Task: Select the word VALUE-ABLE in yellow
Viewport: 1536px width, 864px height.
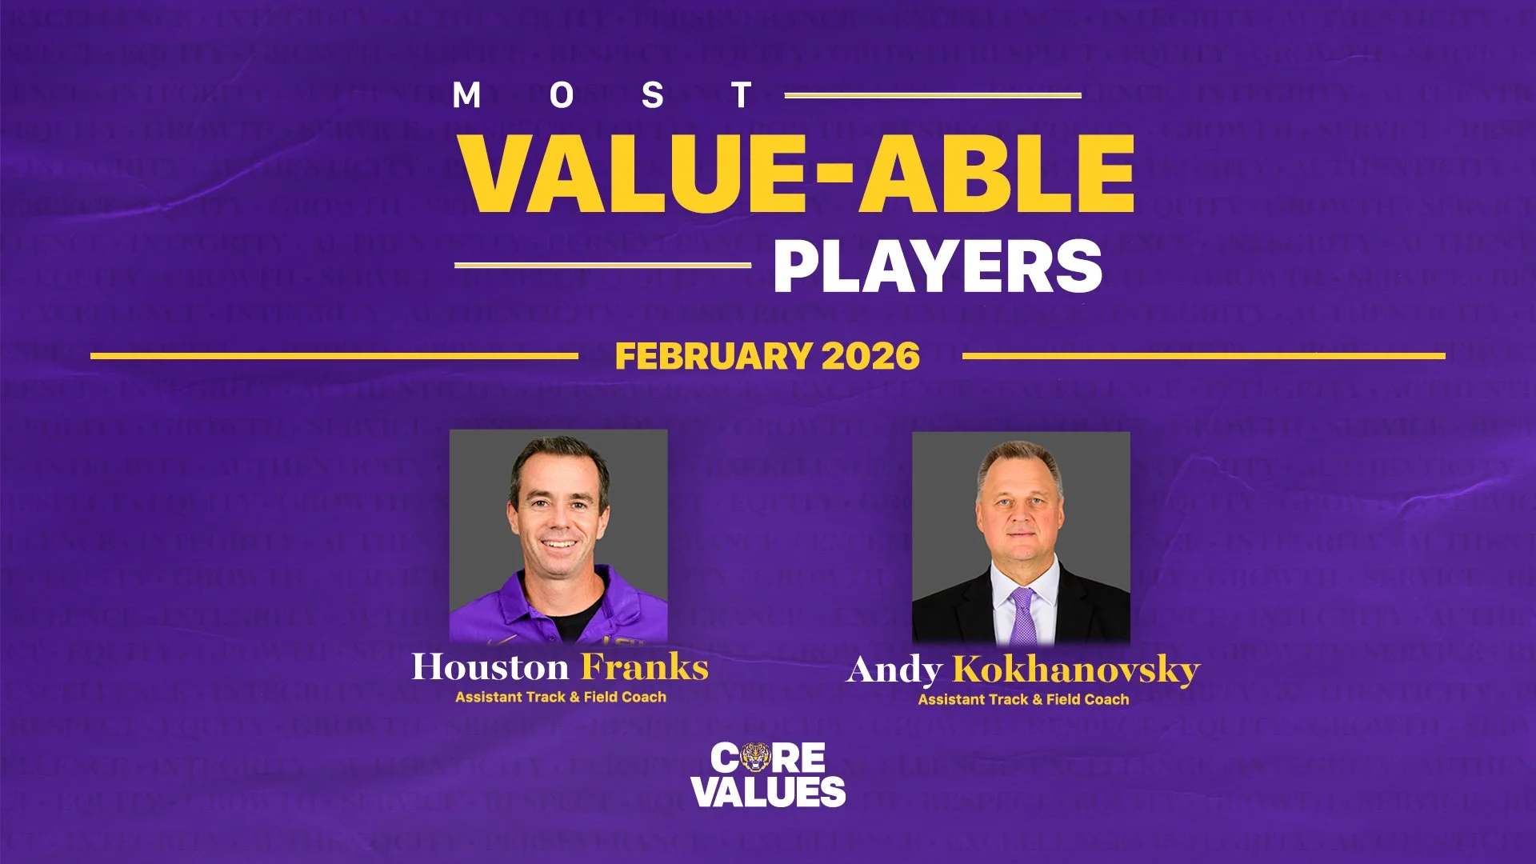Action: tap(798, 174)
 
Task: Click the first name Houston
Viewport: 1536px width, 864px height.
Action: tap(490, 667)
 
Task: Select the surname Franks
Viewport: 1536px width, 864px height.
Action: tap(645, 667)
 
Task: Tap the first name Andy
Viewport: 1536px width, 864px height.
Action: tap(894, 670)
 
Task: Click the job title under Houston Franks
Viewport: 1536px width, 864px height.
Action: tap(561, 697)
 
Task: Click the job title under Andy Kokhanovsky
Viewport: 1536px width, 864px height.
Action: tap(1023, 699)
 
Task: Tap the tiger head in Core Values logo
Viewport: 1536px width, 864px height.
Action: tap(755, 757)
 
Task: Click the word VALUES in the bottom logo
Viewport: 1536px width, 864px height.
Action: tap(768, 791)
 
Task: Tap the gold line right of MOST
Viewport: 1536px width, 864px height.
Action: tap(933, 95)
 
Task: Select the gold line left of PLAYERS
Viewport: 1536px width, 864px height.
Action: tap(602, 265)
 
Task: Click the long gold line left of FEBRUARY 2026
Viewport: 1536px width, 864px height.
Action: tap(334, 356)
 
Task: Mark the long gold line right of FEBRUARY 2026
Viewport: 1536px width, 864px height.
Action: tap(1203, 356)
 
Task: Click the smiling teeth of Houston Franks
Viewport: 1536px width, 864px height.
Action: tap(559, 545)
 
